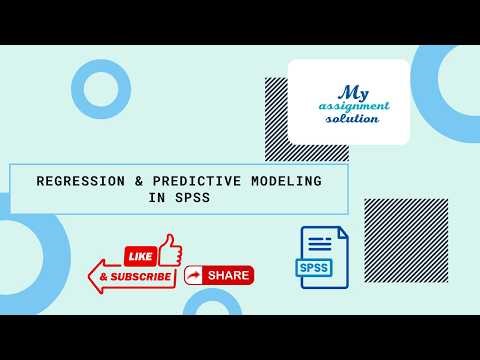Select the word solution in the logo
click(352, 118)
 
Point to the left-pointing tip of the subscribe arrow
click(92, 275)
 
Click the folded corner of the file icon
click(341, 233)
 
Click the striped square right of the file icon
click(405, 240)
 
